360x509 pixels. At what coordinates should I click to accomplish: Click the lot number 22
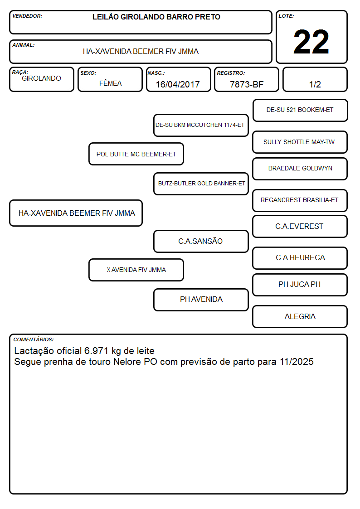pyautogui.click(x=311, y=42)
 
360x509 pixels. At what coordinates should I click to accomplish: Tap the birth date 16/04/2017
pyautogui.click(x=178, y=84)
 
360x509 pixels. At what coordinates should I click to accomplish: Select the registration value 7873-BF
pyautogui.click(x=246, y=84)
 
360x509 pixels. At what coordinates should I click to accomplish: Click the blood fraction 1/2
pyautogui.click(x=315, y=84)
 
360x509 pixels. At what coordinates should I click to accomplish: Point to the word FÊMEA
pyautogui.click(x=110, y=83)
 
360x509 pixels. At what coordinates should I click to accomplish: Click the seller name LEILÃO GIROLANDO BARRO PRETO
pyautogui.click(x=156, y=17)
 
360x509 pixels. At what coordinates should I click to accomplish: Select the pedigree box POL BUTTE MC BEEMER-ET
pyautogui.click(x=136, y=154)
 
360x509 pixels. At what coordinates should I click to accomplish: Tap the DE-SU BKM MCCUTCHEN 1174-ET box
pyautogui.click(x=201, y=125)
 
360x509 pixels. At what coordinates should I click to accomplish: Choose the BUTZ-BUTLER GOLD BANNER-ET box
pyautogui.click(x=201, y=184)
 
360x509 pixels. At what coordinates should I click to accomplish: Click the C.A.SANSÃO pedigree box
pyautogui.click(x=201, y=241)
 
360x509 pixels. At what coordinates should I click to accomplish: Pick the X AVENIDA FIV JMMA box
pyautogui.click(x=136, y=270)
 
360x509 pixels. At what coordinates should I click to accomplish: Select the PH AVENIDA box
pyautogui.click(x=201, y=300)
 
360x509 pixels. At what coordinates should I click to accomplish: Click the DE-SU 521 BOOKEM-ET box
pyautogui.click(x=300, y=110)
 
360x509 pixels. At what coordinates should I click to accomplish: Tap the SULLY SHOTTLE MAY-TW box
pyautogui.click(x=300, y=142)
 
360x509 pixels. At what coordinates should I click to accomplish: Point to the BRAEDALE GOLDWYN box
pyautogui.click(x=300, y=169)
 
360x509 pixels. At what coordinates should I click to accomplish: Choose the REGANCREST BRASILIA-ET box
pyautogui.click(x=300, y=200)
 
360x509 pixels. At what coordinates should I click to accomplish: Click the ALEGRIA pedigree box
pyautogui.click(x=300, y=316)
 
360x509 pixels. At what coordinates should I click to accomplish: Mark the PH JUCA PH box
pyautogui.click(x=300, y=285)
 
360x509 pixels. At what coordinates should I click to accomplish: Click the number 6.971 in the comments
pyautogui.click(x=97, y=351)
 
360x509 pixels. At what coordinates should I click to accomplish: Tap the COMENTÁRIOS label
pyautogui.click(x=34, y=339)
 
